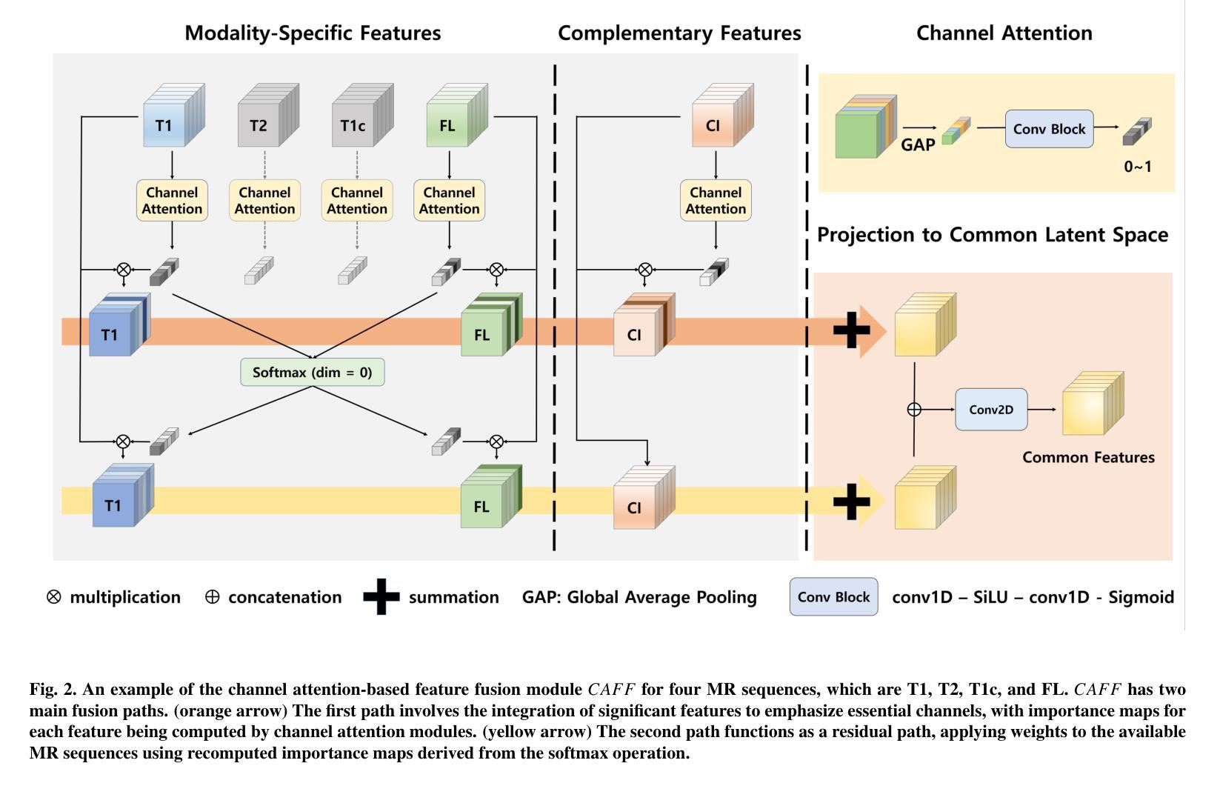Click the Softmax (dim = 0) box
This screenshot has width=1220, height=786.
(312, 372)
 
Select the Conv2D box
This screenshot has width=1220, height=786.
(991, 409)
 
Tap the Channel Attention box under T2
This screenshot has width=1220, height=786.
(264, 200)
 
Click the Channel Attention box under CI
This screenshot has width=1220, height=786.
(716, 200)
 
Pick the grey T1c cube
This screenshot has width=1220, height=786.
(358, 121)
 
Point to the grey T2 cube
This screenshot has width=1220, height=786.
(263, 121)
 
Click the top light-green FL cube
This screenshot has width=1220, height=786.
(453, 121)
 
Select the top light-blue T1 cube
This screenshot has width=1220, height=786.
(169, 121)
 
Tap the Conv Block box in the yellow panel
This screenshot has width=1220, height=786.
(1049, 129)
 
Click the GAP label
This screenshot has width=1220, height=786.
(918, 145)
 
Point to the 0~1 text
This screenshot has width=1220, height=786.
(1138, 167)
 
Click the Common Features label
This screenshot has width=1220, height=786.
(1088, 457)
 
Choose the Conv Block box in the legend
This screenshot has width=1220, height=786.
(833, 597)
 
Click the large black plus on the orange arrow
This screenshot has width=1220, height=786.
(852, 330)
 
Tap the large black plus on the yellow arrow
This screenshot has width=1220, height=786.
(852, 502)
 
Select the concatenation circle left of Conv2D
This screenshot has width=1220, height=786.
(914, 409)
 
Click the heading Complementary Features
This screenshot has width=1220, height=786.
(679, 33)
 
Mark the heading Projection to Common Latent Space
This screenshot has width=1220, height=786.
(992, 235)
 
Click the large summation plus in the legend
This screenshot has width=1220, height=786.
(381, 597)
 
